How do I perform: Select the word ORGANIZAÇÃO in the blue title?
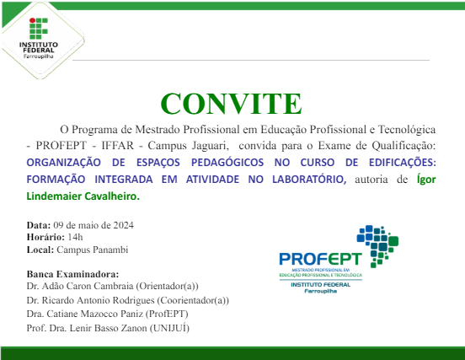point(67,162)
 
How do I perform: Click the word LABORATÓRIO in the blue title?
point(305,179)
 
